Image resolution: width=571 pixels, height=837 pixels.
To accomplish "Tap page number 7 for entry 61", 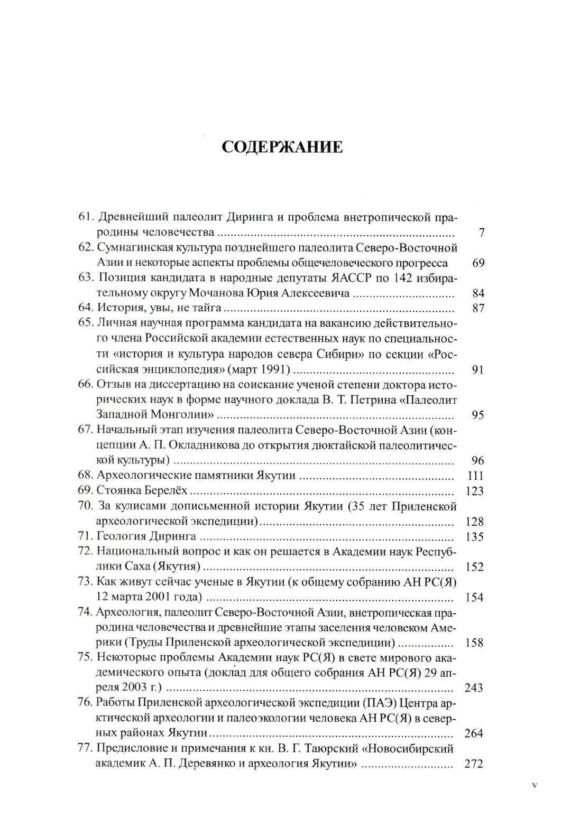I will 482,232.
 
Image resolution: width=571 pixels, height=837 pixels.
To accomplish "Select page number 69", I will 478,263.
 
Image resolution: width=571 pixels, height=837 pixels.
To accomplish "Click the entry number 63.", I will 86,278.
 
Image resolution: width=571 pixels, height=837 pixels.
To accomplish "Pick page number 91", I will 478,370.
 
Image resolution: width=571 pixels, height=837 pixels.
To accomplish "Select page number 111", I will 475,476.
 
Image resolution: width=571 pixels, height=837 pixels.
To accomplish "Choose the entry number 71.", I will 86,537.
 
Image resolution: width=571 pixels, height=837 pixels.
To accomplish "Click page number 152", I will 474,567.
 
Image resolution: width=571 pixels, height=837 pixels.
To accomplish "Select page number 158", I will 474,643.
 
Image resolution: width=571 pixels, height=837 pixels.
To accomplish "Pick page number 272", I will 474,764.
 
